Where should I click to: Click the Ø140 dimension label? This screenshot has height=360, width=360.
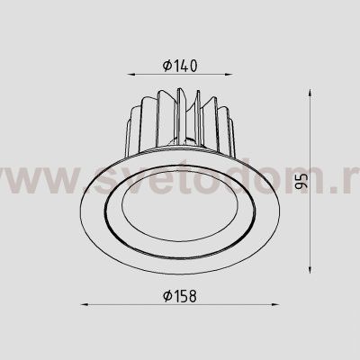point(181,65)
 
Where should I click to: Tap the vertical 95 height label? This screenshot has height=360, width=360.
point(301,182)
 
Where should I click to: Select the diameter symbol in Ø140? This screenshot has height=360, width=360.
point(168,65)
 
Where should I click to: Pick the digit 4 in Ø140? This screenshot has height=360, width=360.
point(184,65)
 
